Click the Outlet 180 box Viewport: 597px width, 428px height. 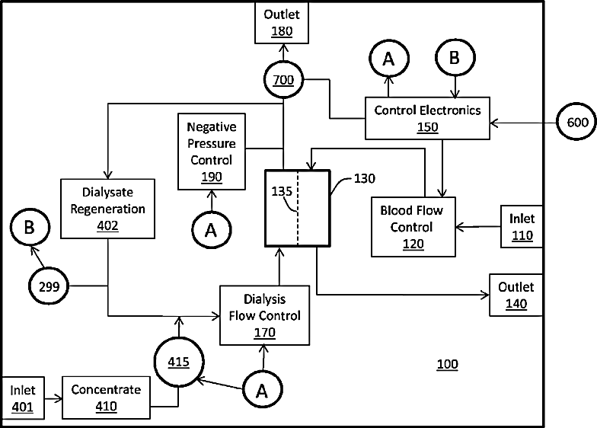(283, 23)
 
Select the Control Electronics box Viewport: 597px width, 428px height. (427, 118)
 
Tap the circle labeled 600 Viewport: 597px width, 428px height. (576, 122)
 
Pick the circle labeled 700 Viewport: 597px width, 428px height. (283, 79)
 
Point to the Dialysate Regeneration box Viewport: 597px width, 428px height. (108, 207)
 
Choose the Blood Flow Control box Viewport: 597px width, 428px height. (411, 226)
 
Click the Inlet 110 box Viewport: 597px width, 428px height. (522, 226)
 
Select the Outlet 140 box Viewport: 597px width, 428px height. (516, 295)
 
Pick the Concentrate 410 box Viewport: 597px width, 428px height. (106, 398)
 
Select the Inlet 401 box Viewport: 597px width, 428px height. (22, 398)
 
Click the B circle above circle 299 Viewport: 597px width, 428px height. (30, 228)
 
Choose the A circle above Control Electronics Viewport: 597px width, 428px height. (388, 57)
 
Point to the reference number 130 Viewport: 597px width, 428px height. (364, 179)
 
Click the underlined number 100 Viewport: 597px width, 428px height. (447, 364)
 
